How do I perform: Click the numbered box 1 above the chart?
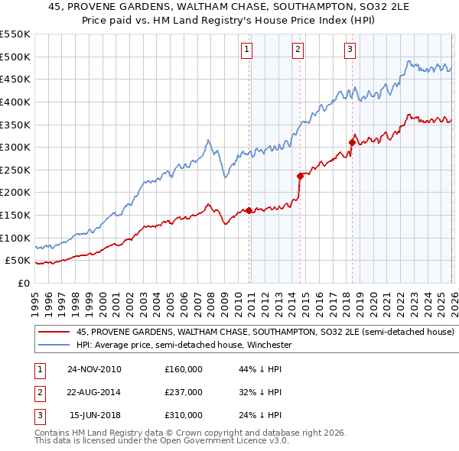[x=248, y=50]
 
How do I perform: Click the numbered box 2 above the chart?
[x=298, y=50]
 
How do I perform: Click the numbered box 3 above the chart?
[x=350, y=50]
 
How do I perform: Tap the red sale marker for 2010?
[x=249, y=210]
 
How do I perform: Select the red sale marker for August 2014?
[x=300, y=176]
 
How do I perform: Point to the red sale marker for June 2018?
[x=352, y=142]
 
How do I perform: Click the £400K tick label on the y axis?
[x=15, y=102]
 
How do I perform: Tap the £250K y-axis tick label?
[x=15, y=170]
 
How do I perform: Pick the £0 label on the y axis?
[x=23, y=283]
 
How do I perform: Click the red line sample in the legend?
[x=53, y=333]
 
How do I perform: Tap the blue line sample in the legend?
[x=53, y=345]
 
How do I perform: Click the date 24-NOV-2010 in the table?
[x=94, y=369]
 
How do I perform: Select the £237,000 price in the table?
[x=183, y=392]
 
